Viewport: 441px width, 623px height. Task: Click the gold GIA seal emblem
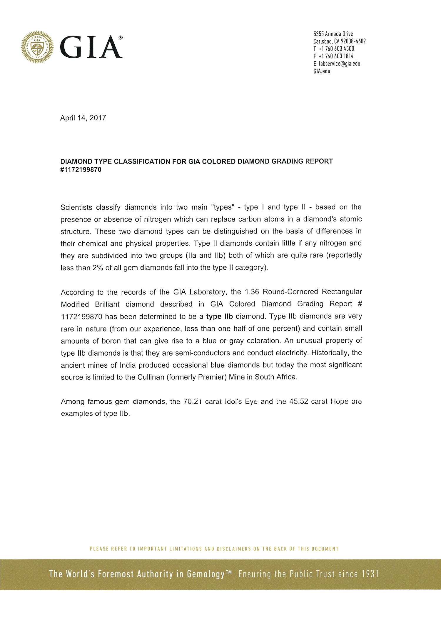pyautogui.click(x=37, y=47)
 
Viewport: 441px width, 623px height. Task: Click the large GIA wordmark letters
pyautogui.click(x=91, y=47)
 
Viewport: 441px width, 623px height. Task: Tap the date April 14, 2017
pyautogui.click(x=83, y=118)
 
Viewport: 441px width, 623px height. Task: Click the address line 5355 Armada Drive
pyautogui.click(x=333, y=34)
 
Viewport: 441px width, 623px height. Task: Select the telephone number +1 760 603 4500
pyautogui.click(x=336, y=49)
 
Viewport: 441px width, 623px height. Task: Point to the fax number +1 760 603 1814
pyautogui.click(x=336, y=56)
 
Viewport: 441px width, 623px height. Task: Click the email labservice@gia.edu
pyautogui.click(x=339, y=64)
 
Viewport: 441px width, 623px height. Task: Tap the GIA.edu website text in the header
pyautogui.click(x=322, y=71)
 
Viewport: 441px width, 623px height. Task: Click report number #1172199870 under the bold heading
pyautogui.click(x=81, y=170)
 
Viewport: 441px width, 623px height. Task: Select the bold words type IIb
pyautogui.click(x=219, y=317)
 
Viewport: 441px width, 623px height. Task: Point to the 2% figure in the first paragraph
pyautogui.click(x=98, y=268)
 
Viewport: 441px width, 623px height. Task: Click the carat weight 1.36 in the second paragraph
pyautogui.click(x=252, y=292)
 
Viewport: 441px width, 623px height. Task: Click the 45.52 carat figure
pyautogui.click(x=298, y=402)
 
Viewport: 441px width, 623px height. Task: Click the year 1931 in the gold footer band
pyautogui.click(x=370, y=574)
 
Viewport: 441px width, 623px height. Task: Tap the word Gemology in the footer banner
pyautogui.click(x=206, y=574)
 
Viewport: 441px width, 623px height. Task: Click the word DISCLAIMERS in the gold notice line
pyautogui.click(x=234, y=549)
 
